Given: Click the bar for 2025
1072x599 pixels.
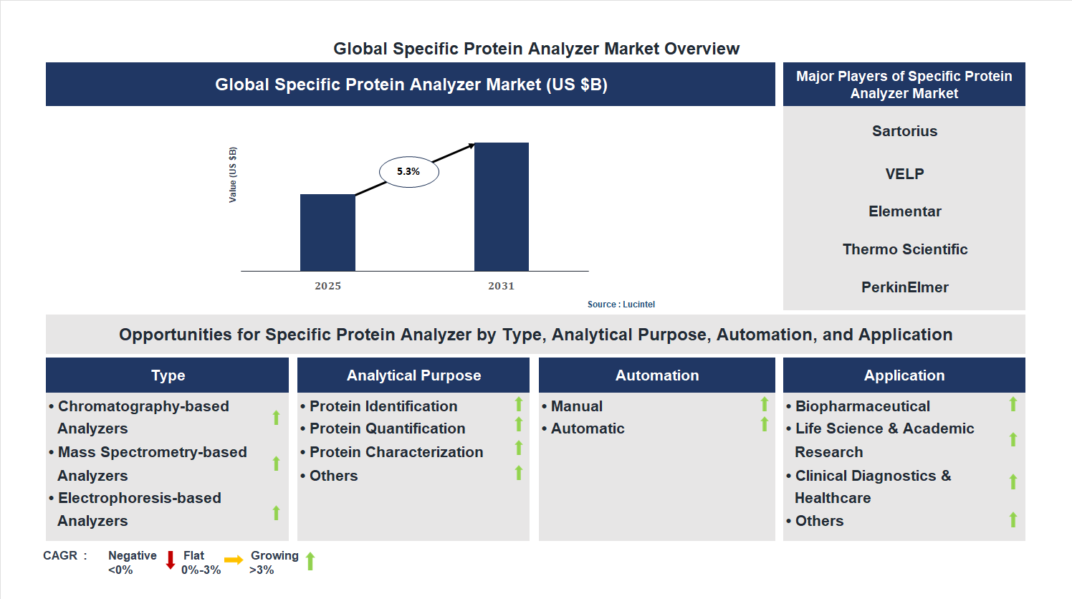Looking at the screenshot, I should click(x=327, y=232).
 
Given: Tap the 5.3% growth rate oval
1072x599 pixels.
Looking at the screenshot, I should click(x=408, y=172).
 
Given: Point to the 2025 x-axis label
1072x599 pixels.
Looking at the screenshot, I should click(x=327, y=286).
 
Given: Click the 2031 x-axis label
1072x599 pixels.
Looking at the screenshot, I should click(x=501, y=286).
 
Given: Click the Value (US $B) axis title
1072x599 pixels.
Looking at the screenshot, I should click(x=233, y=175).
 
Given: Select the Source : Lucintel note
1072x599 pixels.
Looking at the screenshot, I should click(x=621, y=305).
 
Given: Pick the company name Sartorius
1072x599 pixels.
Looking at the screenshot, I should click(x=904, y=131).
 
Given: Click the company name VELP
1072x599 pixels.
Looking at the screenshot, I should click(x=904, y=174).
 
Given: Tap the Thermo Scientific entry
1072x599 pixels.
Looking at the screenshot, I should click(x=904, y=249).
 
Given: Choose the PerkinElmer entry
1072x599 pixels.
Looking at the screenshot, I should click(x=904, y=287).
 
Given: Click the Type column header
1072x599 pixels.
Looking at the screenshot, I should click(x=168, y=375).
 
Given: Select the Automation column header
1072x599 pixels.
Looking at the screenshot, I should click(x=656, y=375).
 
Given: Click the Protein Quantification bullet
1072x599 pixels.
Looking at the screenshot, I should click(x=387, y=428).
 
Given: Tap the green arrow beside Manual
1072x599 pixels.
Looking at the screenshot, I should click(x=764, y=404).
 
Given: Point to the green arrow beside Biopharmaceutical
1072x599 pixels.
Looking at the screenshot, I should click(x=1013, y=404).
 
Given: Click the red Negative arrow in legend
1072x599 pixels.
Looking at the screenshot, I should click(x=171, y=560).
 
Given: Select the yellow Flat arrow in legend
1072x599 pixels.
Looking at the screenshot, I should click(x=234, y=560).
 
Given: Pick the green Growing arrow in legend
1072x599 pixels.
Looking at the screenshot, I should click(x=310, y=561).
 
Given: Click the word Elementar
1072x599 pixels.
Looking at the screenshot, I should click(x=904, y=211).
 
